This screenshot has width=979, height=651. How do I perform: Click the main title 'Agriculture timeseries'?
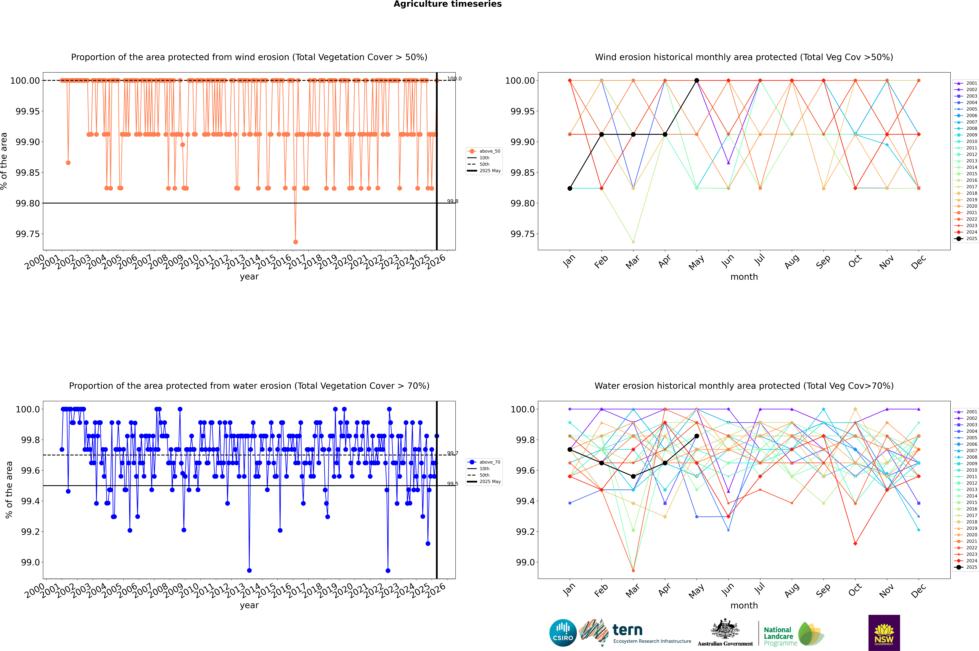447,4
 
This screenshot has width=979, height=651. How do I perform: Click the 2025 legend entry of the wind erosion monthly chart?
971,239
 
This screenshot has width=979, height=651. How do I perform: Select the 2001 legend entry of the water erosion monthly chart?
971,412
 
